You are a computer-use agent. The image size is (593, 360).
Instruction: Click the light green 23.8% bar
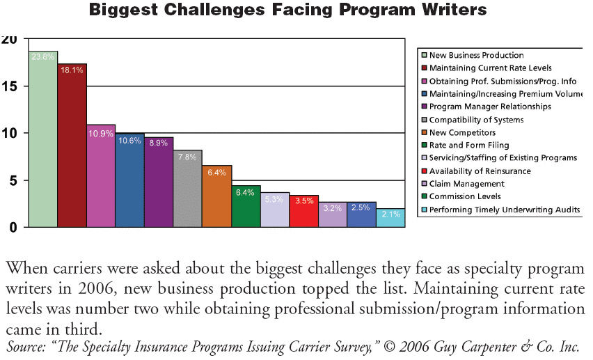click(x=42, y=139)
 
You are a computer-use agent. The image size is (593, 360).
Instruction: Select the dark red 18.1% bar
click(x=72, y=146)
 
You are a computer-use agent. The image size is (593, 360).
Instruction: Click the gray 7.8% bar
click(x=187, y=188)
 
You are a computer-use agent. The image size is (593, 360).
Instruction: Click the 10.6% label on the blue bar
click(x=129, y=141)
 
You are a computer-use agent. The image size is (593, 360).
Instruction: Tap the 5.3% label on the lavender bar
click(x=274, y=200)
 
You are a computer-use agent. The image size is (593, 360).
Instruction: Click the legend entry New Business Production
click(x=476, y=55)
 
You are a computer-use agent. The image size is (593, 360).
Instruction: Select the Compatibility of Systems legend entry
click(x=476, y=120)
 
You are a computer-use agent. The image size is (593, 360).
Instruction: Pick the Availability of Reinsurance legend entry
click(x=480, y=171)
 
